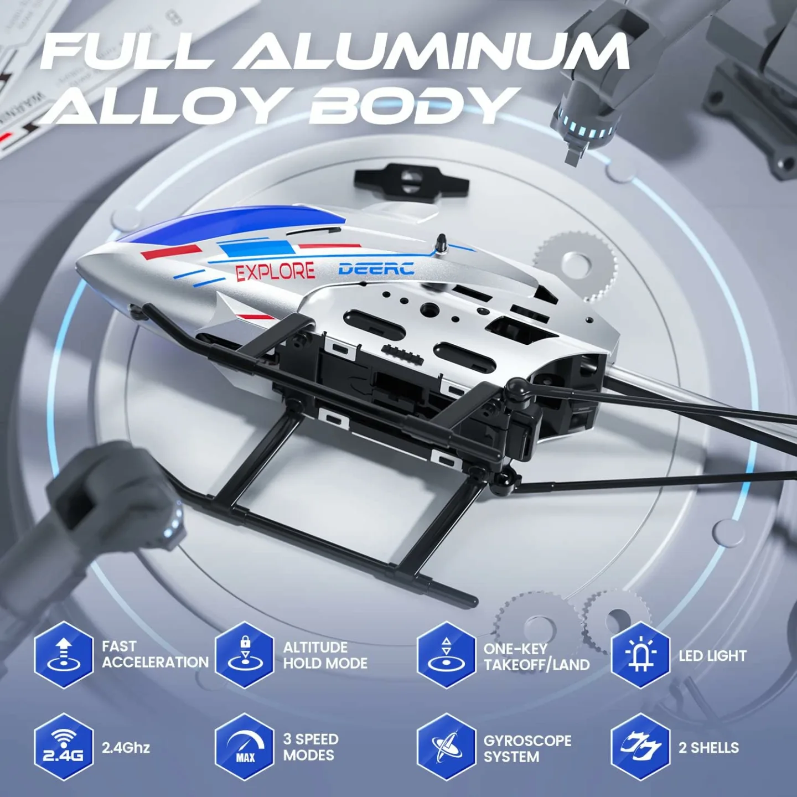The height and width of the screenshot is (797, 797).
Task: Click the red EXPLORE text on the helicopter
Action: click(x=275, y=272)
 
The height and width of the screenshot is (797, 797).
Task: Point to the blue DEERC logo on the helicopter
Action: click(x=376, y=269)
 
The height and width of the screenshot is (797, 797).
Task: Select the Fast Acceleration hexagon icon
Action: click(x=63, y=655)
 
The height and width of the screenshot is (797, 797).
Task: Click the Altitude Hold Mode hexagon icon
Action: click(x=245, y=655)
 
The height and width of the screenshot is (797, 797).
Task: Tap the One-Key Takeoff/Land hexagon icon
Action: click(x=446, y=655)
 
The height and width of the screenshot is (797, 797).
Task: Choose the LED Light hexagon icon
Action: click(x=640, y=655)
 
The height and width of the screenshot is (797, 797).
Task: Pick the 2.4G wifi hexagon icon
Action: click(x=63, y=747)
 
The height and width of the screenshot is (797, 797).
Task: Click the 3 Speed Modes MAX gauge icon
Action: click(x=245, y=747)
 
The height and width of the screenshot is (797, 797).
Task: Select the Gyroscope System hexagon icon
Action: click(x=446, y=747)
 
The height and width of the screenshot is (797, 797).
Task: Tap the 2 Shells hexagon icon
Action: click(x=640, y=747)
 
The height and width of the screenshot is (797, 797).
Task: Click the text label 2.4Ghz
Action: click(x=126, y=747)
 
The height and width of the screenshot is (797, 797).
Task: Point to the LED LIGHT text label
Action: click(x=712, y=656)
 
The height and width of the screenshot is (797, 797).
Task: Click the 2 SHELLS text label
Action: click(x=708, y=748)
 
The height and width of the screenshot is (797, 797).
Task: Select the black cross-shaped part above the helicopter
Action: click(x=411, y=179)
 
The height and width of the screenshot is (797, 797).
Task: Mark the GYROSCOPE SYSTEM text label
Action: click(x=527, y=748)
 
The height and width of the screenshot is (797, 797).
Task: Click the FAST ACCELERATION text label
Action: click(x=155, y=654)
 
